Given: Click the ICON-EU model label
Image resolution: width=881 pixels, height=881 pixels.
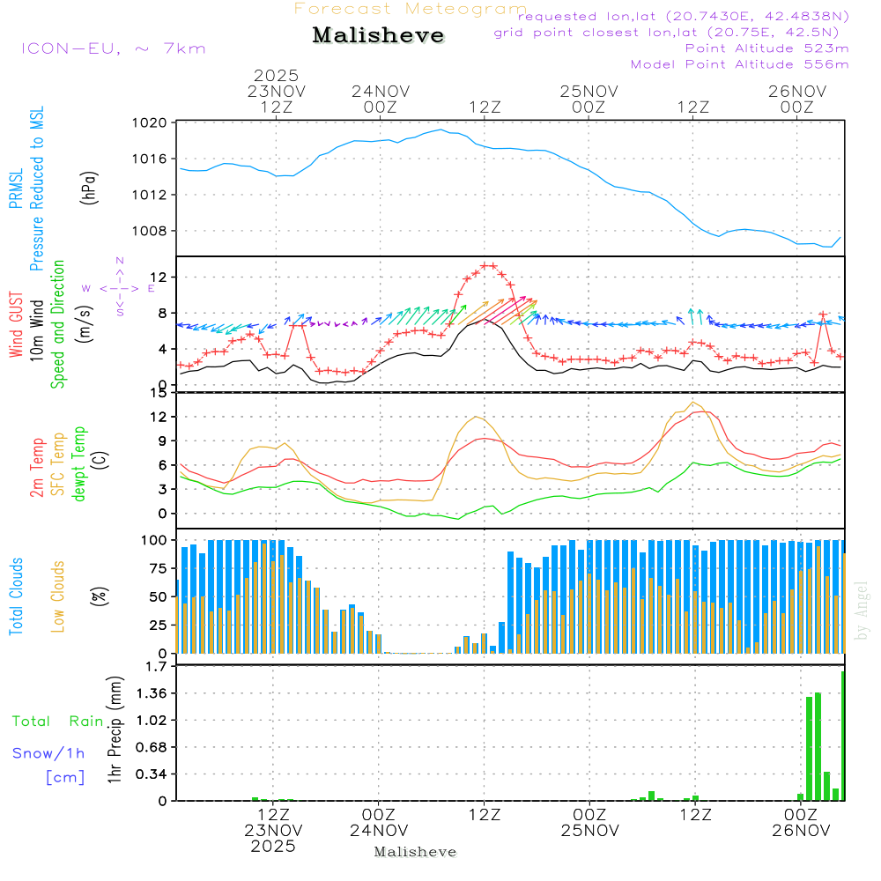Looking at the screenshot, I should (x=113, y=48).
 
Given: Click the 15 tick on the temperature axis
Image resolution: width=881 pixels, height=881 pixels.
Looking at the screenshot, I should (x=160, y=393).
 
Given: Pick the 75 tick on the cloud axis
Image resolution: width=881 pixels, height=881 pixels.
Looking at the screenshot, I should (x=159, y=568).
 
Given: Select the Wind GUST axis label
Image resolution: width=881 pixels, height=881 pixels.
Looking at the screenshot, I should (x=17, y=327).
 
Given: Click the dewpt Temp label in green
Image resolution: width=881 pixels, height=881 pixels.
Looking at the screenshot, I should (x=79, y=464).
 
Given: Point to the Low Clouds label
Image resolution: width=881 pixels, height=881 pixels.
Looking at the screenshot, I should (x=59, y=595).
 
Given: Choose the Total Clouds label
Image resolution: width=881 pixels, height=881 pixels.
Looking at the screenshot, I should (x=17, y=596).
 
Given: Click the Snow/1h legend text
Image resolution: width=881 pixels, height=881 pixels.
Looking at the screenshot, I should (x=48, y=753).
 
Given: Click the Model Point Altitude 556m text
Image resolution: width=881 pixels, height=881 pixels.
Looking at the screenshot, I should (x=739, y=64).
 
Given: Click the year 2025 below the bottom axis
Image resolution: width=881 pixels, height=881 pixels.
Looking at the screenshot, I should (x=274, y=846).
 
